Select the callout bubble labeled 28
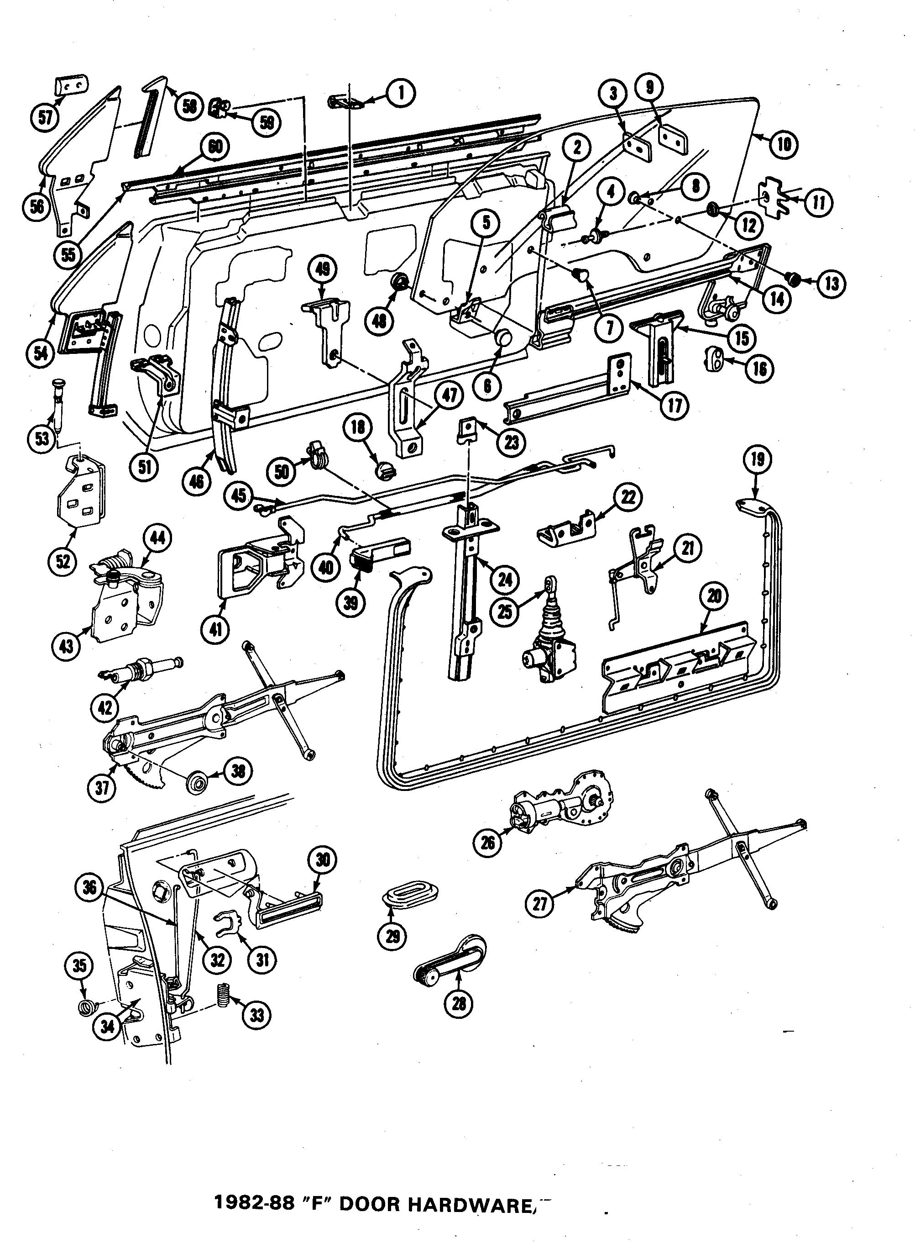(459, 1002)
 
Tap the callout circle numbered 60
(215, 146)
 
